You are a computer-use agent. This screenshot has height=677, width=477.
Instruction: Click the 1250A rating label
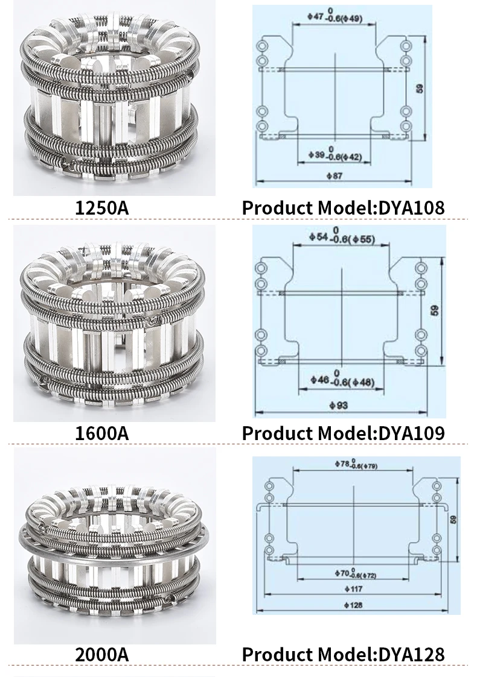coord(101,208)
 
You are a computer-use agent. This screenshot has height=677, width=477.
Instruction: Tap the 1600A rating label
coord(101,433)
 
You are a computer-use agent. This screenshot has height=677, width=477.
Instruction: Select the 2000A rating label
coord(101,654)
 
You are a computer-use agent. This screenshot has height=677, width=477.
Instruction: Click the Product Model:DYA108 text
coord(343,208)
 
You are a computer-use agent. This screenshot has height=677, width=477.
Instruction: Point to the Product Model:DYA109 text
coord(343,433)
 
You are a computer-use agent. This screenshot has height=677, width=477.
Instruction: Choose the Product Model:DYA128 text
coord(343,654)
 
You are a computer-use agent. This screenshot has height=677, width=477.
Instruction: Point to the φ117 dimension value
coord(356,588)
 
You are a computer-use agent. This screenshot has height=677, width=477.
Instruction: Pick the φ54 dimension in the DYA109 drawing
coord(315,239)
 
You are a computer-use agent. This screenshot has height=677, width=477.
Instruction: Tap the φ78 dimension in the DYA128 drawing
coord(342,465)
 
